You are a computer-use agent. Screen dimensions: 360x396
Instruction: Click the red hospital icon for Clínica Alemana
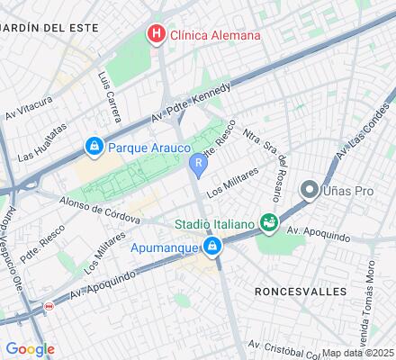pyautogui.click(x=157, y=35)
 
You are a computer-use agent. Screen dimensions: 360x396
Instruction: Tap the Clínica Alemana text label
pyautogui.click(x=215, y=36)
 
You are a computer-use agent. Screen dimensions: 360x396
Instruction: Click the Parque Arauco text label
pyautogui.click(x=149, y=147)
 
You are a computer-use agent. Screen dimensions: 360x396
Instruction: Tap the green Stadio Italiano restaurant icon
pyautogui.click(x=267, y=221)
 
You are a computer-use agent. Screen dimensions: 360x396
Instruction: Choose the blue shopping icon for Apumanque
pyautogui.click(x=211, y=246)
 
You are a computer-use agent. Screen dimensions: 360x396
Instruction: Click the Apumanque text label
pyautogui.click(x=162, y=246)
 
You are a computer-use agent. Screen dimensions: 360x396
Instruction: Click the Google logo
pyautogui.click(x=30, y=349)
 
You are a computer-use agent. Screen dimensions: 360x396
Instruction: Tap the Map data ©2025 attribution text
pyautogui.click(x=358, y=353)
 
